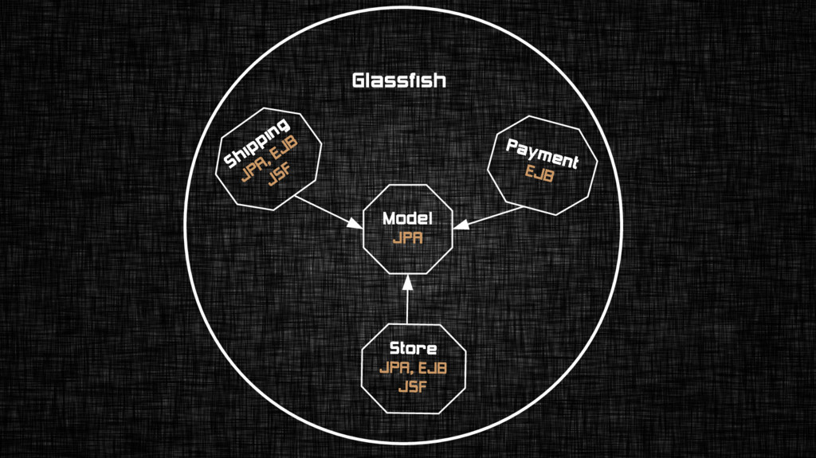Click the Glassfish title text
pos(398,80)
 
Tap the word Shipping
pos(257,143)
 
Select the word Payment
pos(542,153)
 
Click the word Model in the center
pos(406,218)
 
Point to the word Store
pos(413,349)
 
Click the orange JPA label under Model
pos(406,237)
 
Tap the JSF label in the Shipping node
pos(279,177)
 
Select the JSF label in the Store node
pos(413,387)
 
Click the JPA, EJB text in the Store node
pos(413,368)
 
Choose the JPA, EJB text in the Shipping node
pos(269,161)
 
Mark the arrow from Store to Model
pos(407,303)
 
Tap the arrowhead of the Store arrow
pos(407,283)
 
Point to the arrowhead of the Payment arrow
pos(462,225)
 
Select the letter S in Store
pos(394,349)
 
